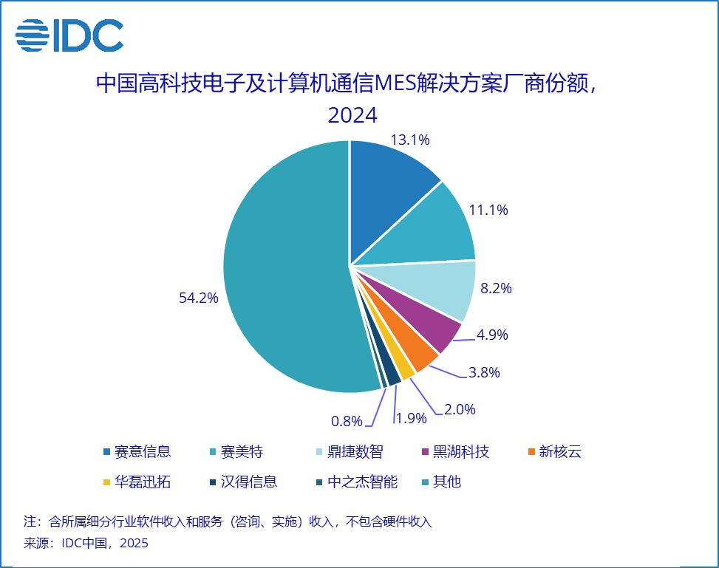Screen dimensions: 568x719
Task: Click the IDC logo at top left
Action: (69, 35)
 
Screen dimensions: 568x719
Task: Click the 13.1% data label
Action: (410, 139)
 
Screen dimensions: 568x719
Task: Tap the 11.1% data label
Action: (488, 210)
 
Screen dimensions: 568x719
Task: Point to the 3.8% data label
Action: (484, 372)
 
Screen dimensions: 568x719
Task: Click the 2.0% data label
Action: (460, 409)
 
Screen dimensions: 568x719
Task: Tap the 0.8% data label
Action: (347, 421)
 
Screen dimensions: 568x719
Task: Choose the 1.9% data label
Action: (412, 418)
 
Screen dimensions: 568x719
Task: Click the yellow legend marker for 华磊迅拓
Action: (107, 482)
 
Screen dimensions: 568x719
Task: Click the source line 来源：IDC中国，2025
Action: (86, 544)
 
